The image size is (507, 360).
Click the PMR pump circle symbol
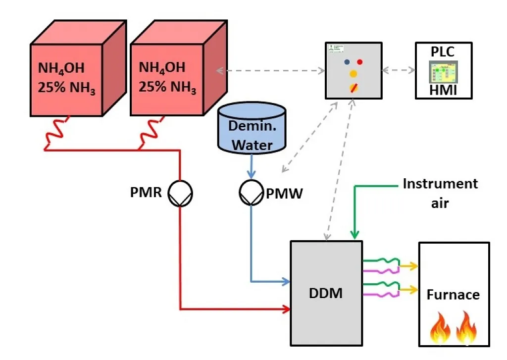(x=180, y=193)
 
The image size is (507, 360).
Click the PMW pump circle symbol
(x=251, y=193)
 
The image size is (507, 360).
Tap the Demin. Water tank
(x=252, y=128)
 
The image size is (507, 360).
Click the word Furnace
(x=453, y=295)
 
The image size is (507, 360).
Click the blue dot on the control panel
(x=347, y=62)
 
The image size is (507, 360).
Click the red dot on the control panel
(x=360, y=62)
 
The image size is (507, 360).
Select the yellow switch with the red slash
(x=354, y=88)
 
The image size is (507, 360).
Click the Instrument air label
(x=440, y=193)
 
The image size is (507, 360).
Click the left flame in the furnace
(x=438, y=328)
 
